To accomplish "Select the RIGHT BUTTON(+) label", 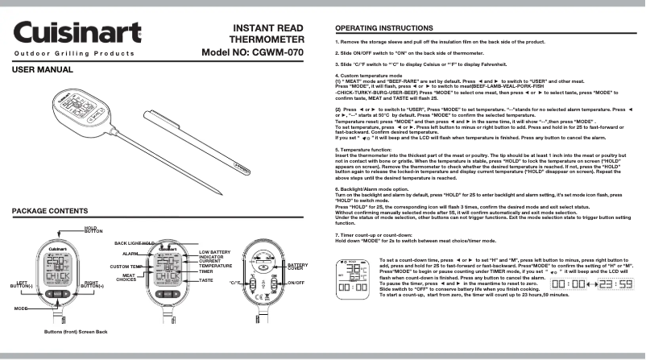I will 96,283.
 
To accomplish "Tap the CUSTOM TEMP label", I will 126,266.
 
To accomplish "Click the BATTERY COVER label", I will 297,266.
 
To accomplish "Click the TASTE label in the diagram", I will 206,281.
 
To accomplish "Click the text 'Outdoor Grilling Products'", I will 73,52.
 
